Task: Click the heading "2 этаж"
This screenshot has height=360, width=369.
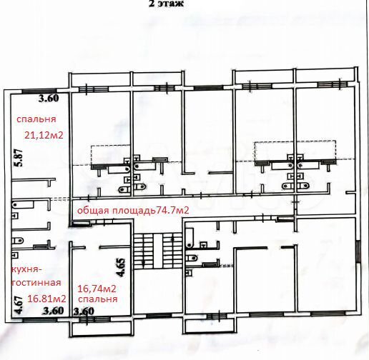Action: tap(167, 4)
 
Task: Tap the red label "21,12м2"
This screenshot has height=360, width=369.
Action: tap(44, 135)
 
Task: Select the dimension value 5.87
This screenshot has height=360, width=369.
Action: tap(19, 158)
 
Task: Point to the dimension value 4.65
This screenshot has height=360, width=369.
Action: tap(121, 267)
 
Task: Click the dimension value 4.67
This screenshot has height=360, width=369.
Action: tap(19, 305)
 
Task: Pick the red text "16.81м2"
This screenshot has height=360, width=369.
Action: tap(46, 299)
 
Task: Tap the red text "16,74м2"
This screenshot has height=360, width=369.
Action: tap(97, 289)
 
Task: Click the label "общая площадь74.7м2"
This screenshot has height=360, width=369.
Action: tap(133, 211)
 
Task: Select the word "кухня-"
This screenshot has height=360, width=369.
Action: tap(25, 270)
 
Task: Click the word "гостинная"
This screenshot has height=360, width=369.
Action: tap(36, 283)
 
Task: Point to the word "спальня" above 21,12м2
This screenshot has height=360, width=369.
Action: tap(36, 119)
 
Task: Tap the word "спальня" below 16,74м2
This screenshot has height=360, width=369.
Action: tap(98, 299)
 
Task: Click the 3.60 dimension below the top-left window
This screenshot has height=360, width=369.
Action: tap(49, 99)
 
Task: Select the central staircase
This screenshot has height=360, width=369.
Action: tap(157, 251)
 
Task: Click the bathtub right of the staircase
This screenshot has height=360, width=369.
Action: tap(190, 238)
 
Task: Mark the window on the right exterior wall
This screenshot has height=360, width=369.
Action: tap(358, 251)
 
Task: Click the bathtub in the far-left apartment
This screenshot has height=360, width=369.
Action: tap(24, 204)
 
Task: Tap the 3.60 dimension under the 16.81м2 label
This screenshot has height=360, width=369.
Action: tap(54, 311)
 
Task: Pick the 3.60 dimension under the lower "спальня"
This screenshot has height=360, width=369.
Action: tap(84, 311)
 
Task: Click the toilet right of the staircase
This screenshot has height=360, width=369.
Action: tap(192, 258)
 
